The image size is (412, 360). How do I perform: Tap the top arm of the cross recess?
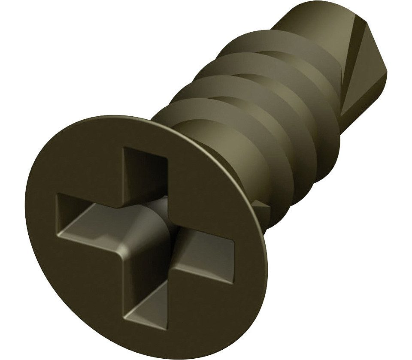[144, 172]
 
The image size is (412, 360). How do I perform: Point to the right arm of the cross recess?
[206, 253]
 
